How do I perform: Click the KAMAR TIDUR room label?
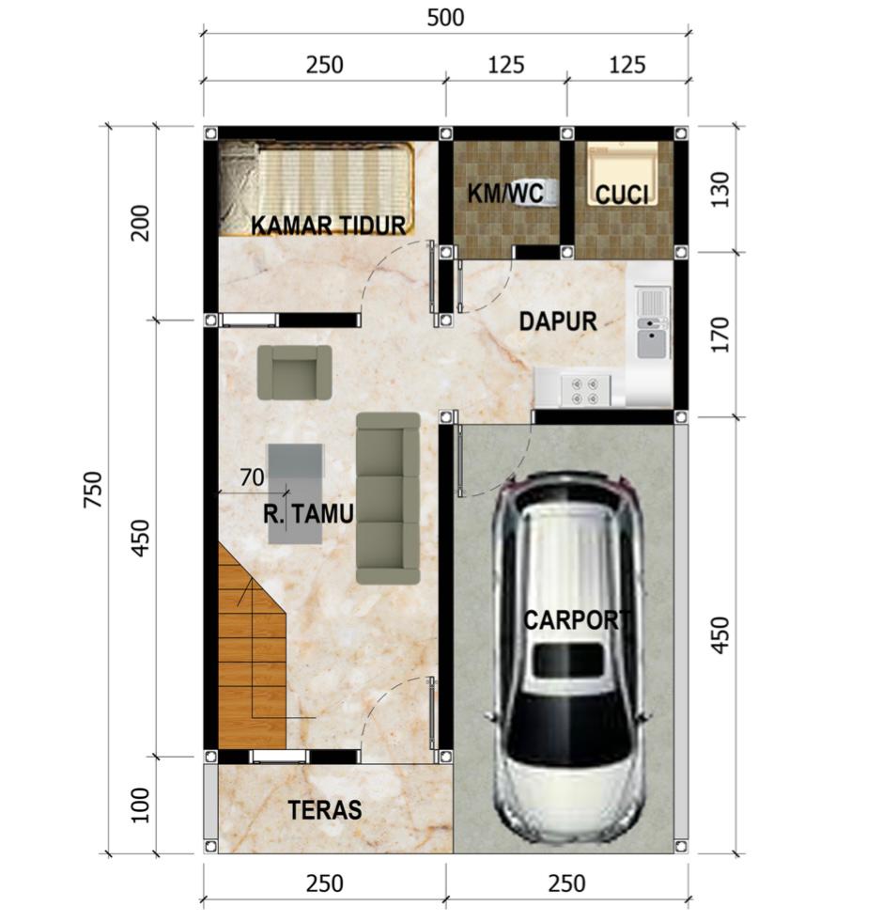coord(329,225)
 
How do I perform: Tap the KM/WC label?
coord(505,193)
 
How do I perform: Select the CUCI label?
coord(622,195)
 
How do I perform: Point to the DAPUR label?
coord(558,321)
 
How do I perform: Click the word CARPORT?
coord(577,619)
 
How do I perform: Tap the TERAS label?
coord(324,810)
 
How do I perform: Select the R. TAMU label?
coord(308,513)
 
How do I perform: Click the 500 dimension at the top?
coord(445,18)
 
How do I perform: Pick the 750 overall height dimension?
coord(93,490)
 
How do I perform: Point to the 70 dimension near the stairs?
coord(252,477)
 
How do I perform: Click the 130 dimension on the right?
coord(720,189)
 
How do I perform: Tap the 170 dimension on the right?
coord(720,335)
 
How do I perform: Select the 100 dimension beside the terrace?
coord(139,805)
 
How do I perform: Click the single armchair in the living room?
coord(294,372)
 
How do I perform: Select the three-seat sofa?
coord(389,498)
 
